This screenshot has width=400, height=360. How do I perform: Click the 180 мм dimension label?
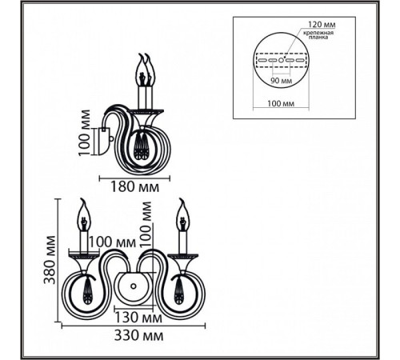[134, 187]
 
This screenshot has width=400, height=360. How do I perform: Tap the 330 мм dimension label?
[138, 335]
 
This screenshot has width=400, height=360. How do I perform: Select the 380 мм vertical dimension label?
[50, 260]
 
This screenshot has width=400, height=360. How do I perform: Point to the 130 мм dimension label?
[138, 318]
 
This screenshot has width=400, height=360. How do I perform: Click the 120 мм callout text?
[322, 25]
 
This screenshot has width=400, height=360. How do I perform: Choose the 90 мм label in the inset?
[282, 80]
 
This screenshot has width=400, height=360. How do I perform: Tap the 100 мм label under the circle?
[281, 103]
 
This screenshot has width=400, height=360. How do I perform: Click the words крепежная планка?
[318, 35]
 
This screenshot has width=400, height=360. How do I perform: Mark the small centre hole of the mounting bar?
[281, 60]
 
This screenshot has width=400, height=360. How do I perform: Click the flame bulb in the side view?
[146, 70]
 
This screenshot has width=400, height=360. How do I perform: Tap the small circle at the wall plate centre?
[133, 286]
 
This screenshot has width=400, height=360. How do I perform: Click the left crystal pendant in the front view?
[86, 290]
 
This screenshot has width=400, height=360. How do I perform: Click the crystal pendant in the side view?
[141, 146]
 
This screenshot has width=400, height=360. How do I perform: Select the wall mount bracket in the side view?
[105, 141]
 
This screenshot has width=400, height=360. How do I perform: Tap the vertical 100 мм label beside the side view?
[84, 133]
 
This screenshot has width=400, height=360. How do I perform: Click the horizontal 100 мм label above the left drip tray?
[112, 242]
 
